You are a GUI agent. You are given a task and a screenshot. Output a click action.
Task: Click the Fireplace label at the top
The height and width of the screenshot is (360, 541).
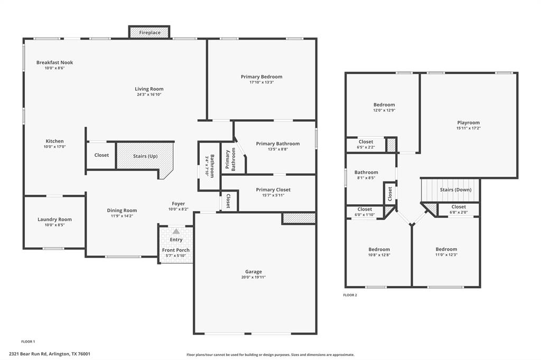point(150,33)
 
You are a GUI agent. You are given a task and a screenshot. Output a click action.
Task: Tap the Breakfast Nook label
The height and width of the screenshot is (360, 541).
point(54,62)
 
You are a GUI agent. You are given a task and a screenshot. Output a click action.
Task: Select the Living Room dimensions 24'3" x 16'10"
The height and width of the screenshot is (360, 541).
point(149,95)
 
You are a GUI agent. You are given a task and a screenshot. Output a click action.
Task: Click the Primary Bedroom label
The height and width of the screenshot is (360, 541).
point(262,77)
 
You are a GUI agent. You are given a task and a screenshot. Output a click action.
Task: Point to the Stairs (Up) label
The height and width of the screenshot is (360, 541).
point(145,156)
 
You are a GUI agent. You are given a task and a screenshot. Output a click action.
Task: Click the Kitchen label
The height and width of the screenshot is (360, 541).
point(54,141)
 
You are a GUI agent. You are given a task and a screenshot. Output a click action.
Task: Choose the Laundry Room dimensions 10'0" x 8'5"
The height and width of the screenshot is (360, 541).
point(54,225)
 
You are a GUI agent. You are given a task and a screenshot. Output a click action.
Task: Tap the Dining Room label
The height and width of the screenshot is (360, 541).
point(122,210)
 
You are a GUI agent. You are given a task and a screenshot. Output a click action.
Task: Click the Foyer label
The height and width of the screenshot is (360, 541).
point(178,203)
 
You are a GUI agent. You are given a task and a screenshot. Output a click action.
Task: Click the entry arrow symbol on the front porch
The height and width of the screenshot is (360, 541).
point(176,231)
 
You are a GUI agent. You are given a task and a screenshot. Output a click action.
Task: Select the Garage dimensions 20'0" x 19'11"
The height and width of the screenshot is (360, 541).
point(254,277)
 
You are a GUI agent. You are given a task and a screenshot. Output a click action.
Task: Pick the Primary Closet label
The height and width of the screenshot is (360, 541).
point(273,190)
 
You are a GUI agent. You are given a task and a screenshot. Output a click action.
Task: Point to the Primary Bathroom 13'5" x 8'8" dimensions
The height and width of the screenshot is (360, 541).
point(277,149)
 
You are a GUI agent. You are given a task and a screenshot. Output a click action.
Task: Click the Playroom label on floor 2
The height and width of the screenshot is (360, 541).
point(468,122)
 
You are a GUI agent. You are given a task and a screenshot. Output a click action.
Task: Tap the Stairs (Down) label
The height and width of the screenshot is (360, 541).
point(455,190)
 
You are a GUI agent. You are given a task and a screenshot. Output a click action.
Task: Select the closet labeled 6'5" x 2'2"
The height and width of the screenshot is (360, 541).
point(366,147)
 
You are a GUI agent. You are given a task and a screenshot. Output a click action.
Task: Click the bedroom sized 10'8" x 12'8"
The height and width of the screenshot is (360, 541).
point(379,255)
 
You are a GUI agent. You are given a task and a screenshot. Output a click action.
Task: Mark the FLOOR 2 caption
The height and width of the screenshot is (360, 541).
point(350,295)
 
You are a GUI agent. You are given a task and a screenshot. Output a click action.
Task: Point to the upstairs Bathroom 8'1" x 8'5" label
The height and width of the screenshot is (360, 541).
point(366,172)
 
